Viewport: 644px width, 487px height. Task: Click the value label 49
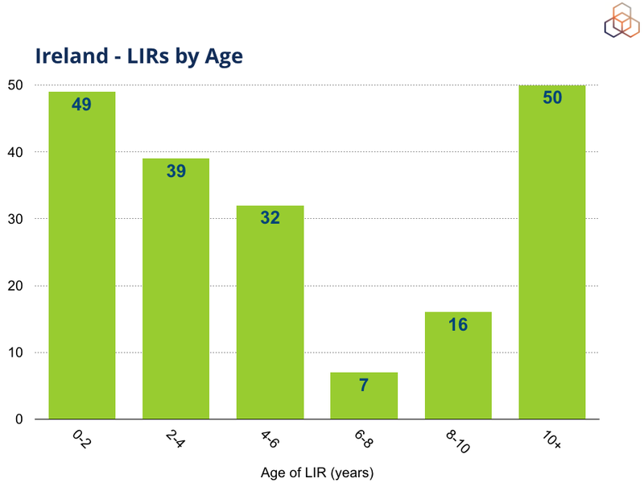81,104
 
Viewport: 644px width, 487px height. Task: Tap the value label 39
175,171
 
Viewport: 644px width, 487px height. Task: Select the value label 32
270,217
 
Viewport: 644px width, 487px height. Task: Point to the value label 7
364,385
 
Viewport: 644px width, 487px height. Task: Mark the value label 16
457,324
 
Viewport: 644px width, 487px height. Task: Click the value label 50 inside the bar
551,98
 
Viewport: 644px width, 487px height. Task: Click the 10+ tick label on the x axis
551,440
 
